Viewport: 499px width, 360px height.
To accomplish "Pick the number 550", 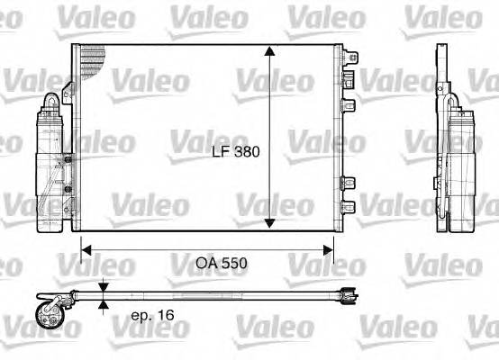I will coord(234,265).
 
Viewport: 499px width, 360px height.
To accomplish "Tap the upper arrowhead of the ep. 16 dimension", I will coord(104,287).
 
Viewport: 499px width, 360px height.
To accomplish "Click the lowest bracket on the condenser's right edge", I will coord(348,209).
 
